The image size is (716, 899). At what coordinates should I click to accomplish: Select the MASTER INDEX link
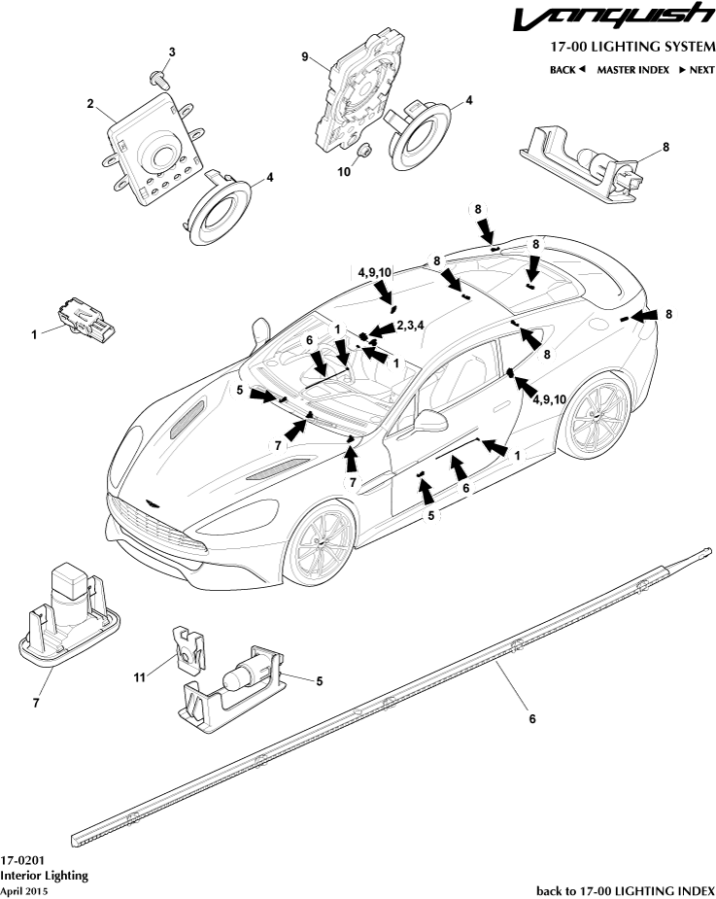point(634,70)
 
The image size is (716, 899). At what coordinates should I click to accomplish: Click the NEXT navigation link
point(697,70)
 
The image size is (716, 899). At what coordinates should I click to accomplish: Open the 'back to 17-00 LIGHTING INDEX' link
point(626,889)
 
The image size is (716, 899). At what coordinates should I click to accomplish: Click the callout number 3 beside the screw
point(172,51)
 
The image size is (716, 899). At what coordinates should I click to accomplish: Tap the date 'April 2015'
point(23,889)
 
